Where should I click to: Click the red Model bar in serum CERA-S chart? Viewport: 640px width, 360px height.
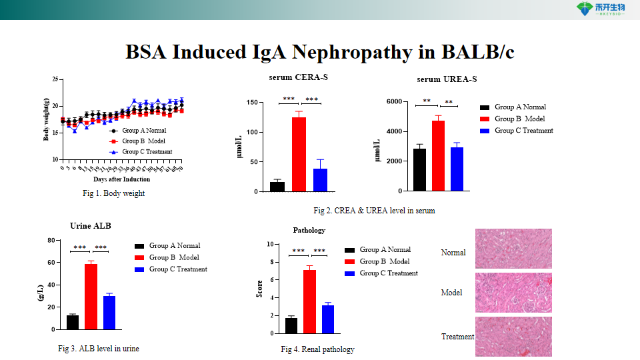(299, 154)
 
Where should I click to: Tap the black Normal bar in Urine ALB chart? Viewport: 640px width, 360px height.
(73, 322)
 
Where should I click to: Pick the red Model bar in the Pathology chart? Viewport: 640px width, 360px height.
(309, 301)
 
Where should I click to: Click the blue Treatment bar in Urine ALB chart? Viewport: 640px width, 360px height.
(109, 313)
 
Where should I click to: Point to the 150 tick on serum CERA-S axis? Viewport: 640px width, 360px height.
(252, 103)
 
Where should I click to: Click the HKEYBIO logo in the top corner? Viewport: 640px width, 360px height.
(599, 9)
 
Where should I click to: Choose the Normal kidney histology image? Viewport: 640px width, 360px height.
(513, 249)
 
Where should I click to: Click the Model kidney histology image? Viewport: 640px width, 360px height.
(513, 292)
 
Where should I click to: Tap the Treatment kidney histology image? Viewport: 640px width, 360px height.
(513, 337)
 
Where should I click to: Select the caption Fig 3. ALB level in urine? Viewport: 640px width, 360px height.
(99, 349)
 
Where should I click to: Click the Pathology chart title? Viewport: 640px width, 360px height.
(309, 230)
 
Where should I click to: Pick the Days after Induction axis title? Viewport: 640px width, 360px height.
(121, 179)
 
